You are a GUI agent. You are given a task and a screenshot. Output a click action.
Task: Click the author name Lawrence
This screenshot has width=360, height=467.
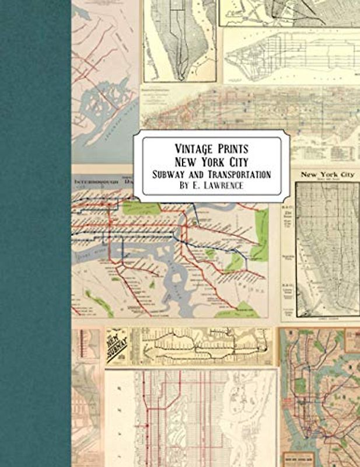[x=222, y=187]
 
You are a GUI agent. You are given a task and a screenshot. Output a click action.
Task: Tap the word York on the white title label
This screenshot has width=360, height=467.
[x=211, y=161]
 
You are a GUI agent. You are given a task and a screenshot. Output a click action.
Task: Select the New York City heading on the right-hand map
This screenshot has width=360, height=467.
[x=327, y=175]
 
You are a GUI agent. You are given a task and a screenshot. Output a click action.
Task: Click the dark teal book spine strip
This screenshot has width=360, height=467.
[x=35, y=233]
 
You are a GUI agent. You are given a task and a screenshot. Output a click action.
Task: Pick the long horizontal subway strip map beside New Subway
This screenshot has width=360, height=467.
[x=201, y=346]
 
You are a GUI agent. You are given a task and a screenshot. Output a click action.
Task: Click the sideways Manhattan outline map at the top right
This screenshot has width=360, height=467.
[x=292, y=55]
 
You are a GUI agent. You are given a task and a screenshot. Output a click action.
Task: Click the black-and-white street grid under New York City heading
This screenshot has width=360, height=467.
[x=327, y=251]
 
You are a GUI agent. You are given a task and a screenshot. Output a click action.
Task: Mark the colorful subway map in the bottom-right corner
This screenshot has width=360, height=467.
[x=320, y=397]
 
